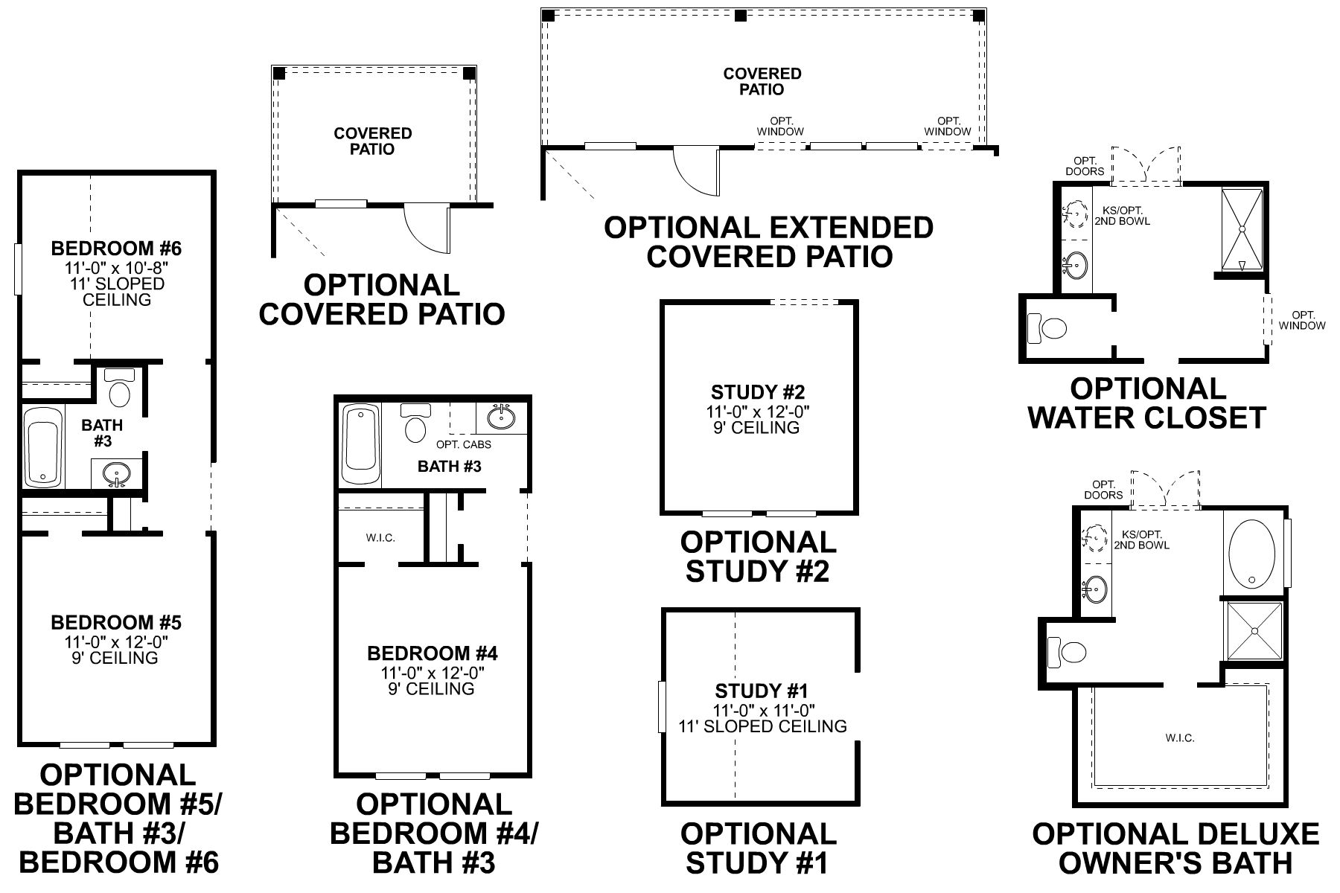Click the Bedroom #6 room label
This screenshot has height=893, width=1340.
[115, 248]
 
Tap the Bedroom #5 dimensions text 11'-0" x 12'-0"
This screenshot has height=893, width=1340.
[115, 641]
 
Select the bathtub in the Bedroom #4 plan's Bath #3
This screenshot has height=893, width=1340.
[360, 444]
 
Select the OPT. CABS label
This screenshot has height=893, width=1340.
[463, 445]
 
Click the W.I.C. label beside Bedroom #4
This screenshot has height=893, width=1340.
[380, 538]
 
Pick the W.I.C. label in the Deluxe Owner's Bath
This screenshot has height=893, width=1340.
[1180, 738]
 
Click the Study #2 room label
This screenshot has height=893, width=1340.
[758, 392]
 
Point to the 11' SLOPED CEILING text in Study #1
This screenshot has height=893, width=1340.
[762, 726]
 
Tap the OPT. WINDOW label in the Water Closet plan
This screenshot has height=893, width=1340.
[1302, 320]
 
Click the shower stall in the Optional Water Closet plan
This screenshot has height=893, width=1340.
[1242, 229]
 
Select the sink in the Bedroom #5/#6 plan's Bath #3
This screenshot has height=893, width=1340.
[116, 473]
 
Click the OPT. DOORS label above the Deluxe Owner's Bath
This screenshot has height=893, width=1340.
[1103, 490]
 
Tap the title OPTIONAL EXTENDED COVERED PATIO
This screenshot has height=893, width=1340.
[769, 242]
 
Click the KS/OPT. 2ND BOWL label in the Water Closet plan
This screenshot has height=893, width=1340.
[1122, 216]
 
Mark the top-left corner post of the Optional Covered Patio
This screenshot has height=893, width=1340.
[278, 73]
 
